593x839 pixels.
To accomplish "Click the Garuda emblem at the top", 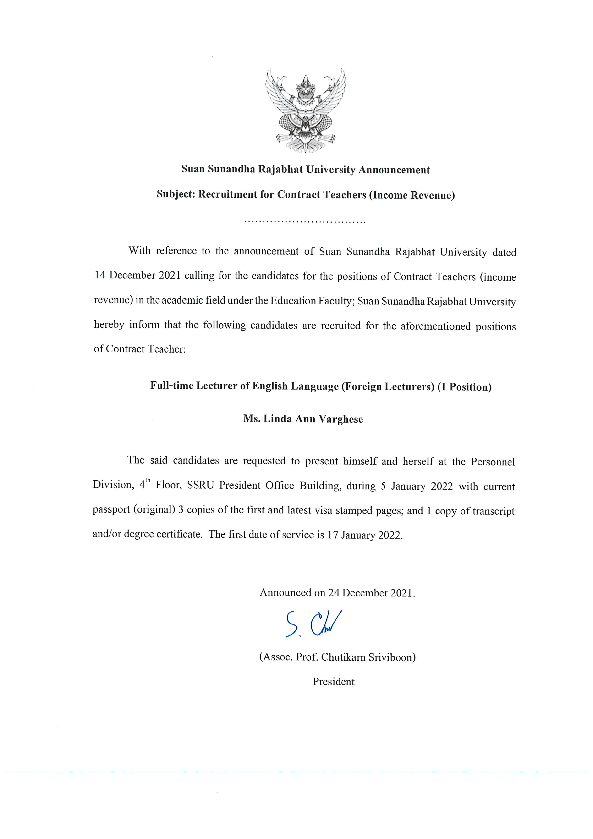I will (x=305, y=110).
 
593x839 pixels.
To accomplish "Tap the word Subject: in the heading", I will (x=176, y=194).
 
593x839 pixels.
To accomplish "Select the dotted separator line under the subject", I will (x=305, y=222).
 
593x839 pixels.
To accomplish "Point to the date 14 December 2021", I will (x=137, y=275).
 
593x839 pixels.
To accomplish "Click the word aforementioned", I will (x=435, y=326).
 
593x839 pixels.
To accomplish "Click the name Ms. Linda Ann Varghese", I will (x=303, y=419).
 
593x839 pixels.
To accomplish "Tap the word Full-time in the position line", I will (x=172, y=386).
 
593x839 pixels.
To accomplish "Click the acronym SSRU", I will (x=200, y=485).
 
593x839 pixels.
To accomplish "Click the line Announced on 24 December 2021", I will (x=337, y=593).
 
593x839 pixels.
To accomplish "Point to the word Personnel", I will (x=493, y=462).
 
